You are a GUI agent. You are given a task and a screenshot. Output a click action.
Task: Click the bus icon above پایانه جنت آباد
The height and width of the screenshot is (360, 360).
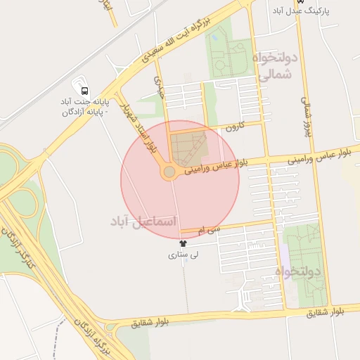click(84, 91)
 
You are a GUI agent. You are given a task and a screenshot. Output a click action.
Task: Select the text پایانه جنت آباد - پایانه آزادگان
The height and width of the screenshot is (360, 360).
click(85, 106)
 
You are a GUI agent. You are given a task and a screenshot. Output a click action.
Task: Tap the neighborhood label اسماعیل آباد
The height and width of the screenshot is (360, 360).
click(141, 221)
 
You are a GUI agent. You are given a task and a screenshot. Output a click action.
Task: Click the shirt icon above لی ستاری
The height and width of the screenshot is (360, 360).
click(183, 243)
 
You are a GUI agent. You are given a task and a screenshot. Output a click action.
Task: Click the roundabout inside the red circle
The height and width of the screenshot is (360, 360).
click(169, 172)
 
